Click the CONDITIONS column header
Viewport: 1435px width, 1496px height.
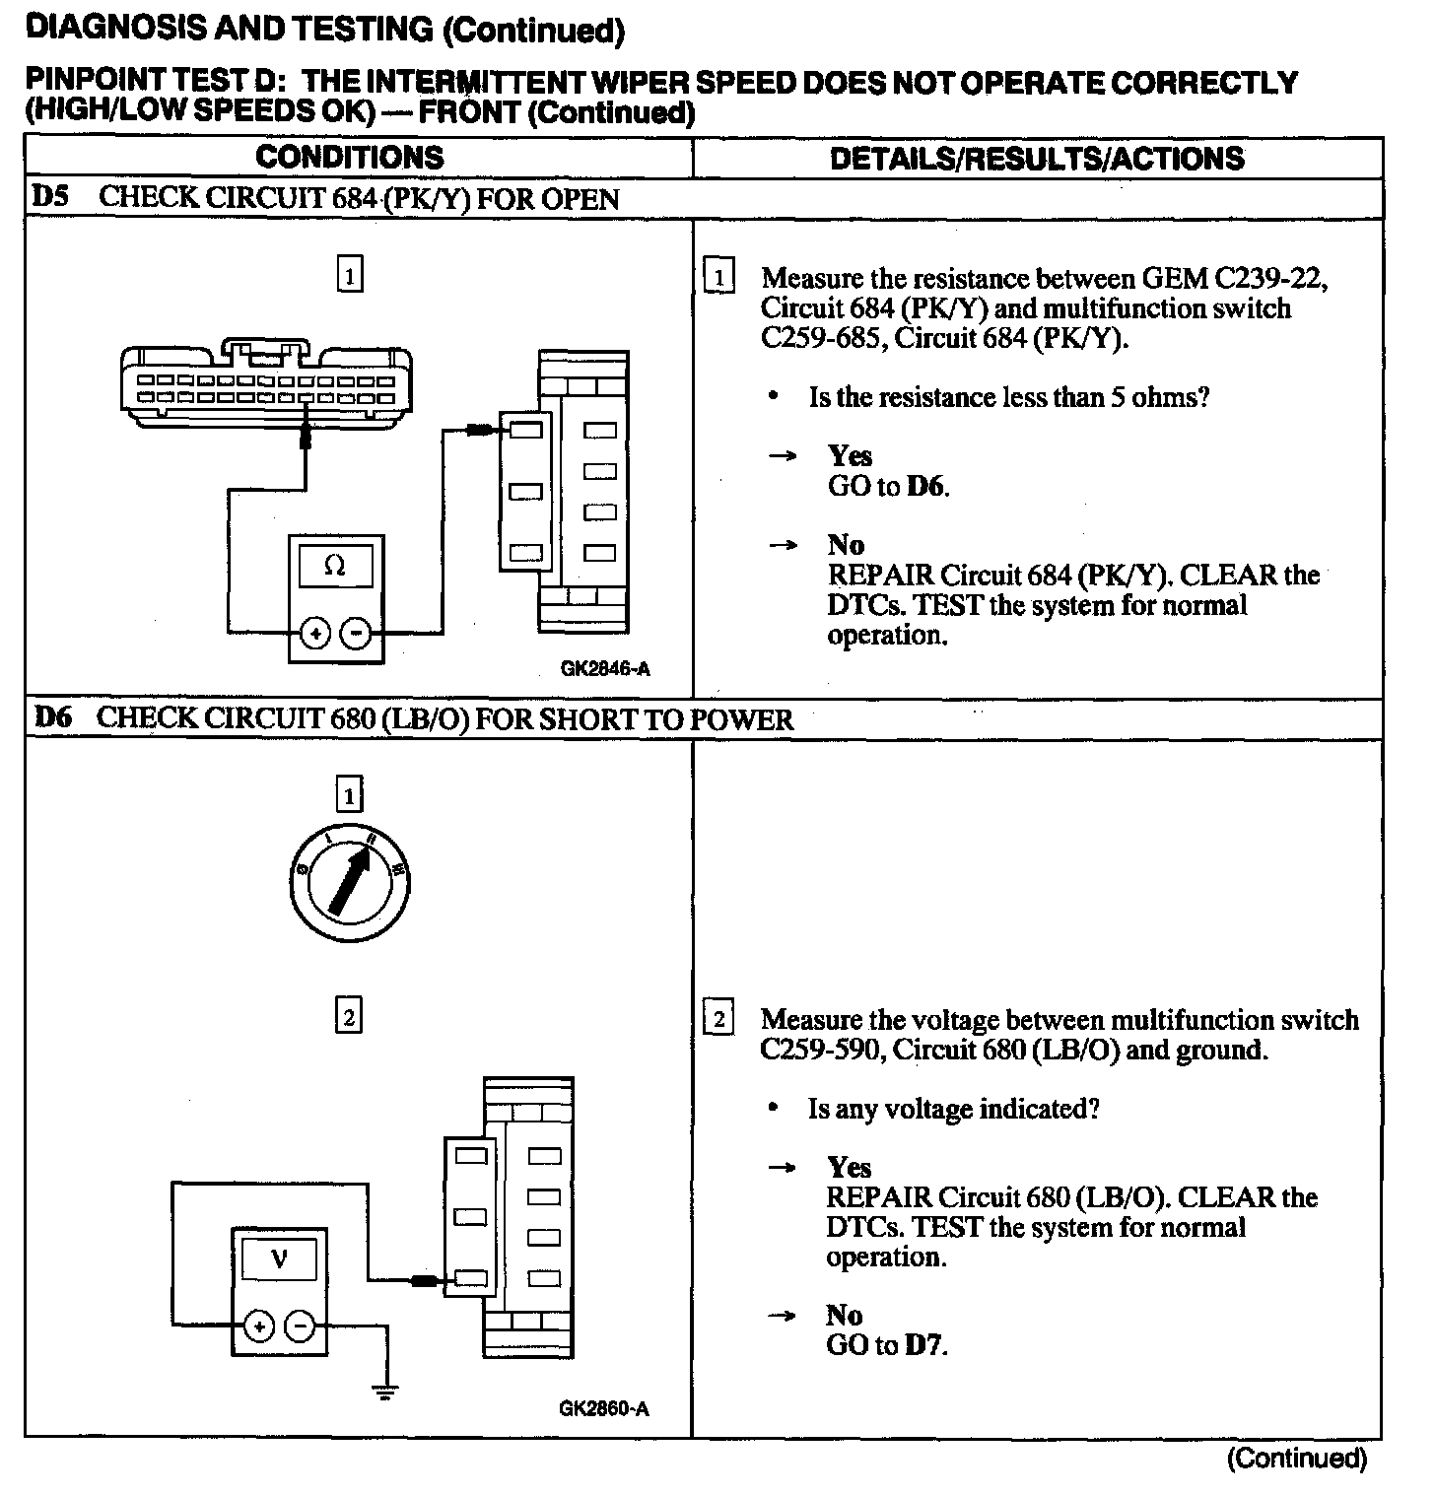350,158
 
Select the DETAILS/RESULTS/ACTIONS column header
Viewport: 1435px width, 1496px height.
1037,159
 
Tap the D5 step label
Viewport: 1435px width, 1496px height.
50,196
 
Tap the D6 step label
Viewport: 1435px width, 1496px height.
52,717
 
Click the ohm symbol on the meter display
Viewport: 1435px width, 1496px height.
335,568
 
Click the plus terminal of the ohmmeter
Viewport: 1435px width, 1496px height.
314,634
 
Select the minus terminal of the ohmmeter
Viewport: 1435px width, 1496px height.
356,634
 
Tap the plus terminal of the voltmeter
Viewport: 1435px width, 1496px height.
258,1327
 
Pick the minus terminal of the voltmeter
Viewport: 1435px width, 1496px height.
300,1327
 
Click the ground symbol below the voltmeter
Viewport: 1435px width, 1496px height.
385,1392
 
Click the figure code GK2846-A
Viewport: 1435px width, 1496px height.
605,669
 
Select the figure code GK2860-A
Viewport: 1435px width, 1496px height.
604,1408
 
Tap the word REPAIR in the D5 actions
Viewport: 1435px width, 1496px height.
880,575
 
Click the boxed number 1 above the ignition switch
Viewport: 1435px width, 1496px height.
350,794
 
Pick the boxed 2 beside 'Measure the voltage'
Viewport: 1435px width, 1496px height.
719,1019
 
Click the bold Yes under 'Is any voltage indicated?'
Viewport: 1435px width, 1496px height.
849,1168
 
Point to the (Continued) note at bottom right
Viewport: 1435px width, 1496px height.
1296,1458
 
